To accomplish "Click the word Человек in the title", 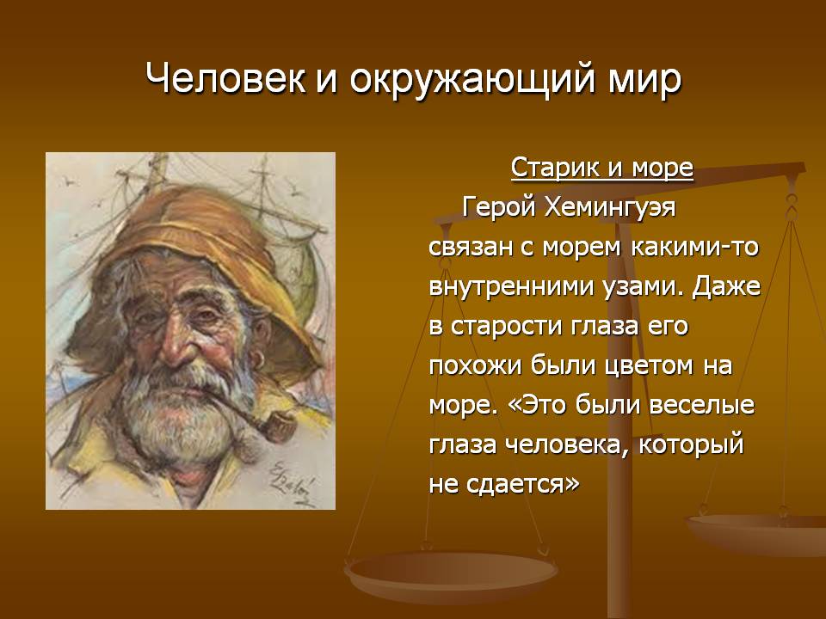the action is point(225,79).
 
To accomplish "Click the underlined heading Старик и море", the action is point(601,168).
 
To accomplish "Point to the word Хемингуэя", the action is point(609,207).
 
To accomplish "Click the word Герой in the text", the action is point(498,208).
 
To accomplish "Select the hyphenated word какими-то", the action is point(694,247).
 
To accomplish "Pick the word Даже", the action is point(726,287).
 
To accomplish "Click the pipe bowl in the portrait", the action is point(279,426).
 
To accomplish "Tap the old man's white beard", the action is point(179,416).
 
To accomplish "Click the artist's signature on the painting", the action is point(292,481).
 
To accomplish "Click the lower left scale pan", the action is point(451,575).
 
